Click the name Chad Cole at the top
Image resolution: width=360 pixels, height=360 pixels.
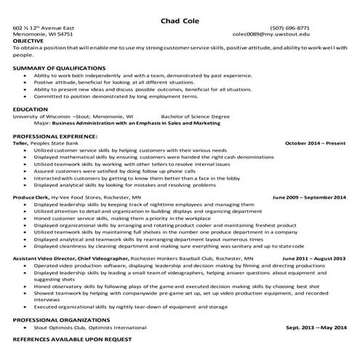click(x=180, y=20)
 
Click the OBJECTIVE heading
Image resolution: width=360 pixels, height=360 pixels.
click(x=28, y=41)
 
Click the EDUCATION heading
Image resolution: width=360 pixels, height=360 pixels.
click(x=30, y=109)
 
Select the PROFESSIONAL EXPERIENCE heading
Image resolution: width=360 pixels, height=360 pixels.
click(x=55, y=136)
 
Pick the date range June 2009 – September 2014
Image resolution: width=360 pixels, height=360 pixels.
click(x=309, y=197)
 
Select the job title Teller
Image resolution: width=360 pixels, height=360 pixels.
click(x=20, y=143)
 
